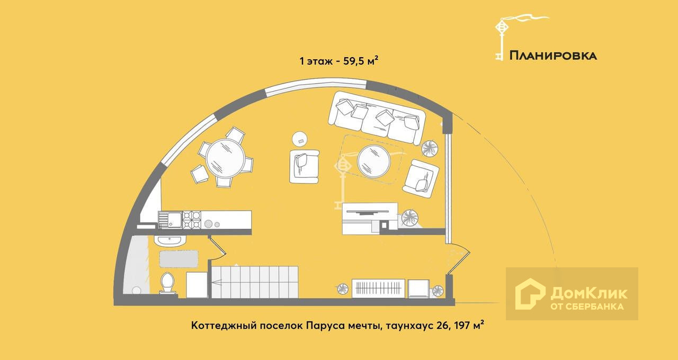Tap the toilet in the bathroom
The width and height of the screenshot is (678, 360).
(x=168, y=283)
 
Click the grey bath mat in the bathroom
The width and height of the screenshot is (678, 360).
(x=179, y=258)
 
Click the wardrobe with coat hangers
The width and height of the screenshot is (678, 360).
(x=378, y=289)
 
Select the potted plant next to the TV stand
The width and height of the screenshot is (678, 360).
(x=409, y=217)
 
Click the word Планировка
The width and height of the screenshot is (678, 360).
(x=553, y=56)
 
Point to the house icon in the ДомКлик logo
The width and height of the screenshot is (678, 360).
(x=530, y=294)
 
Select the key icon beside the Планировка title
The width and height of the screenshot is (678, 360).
(x=500, y=37)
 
